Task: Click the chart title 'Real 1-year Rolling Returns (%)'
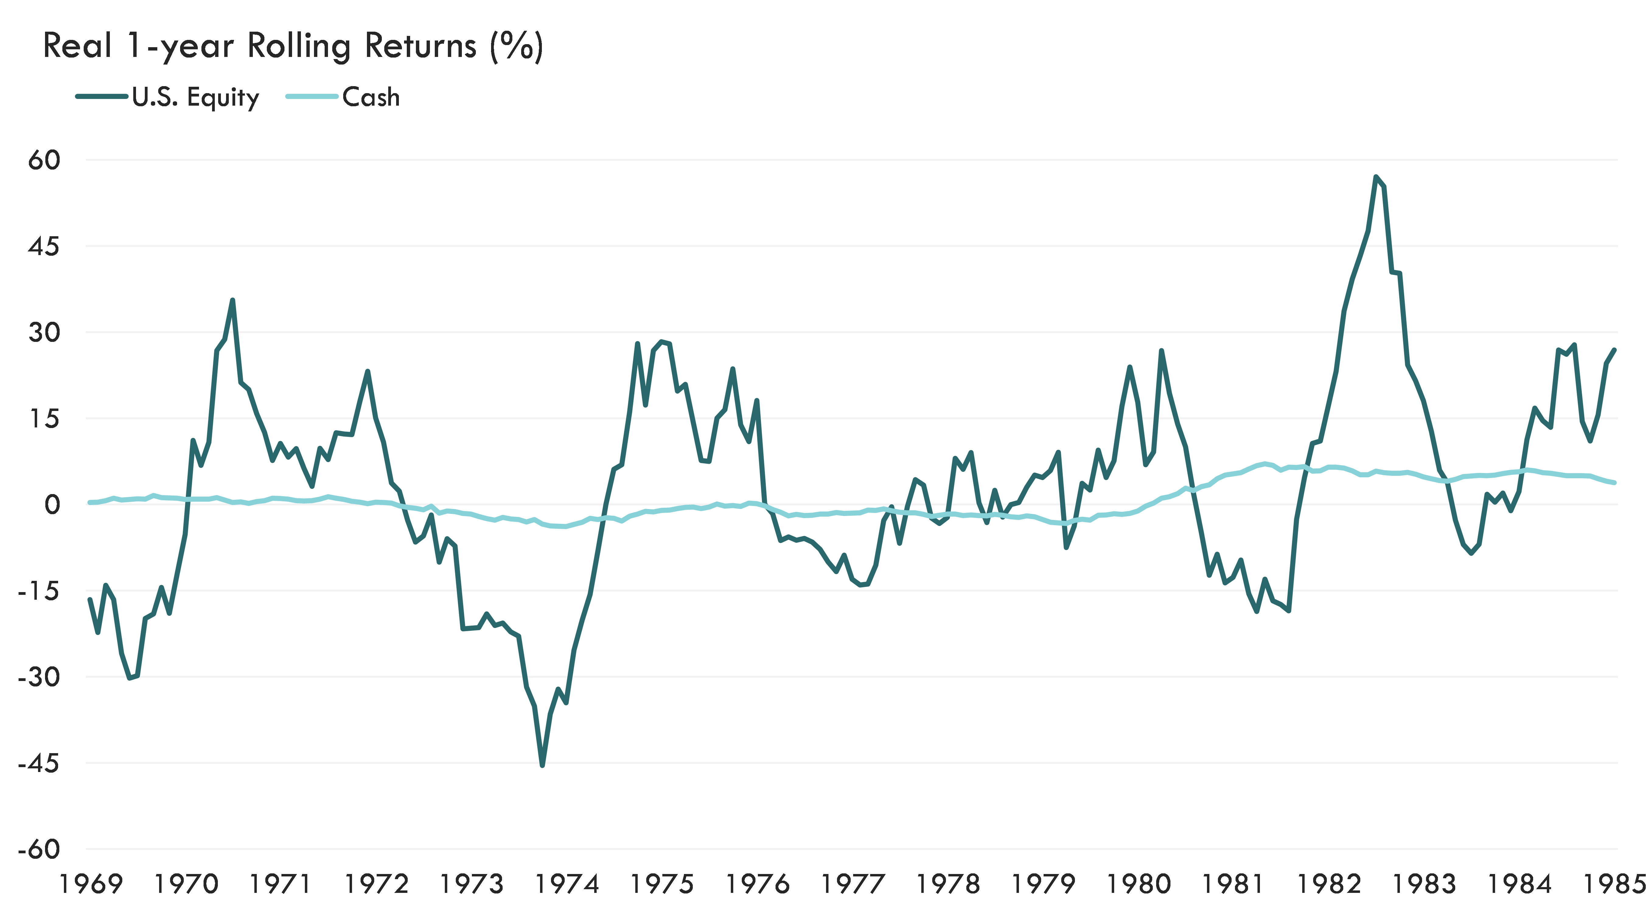[293, 46]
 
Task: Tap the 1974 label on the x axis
[567, 884]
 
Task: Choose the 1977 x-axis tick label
[853, 884]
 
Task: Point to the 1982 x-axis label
[1329, 884]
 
